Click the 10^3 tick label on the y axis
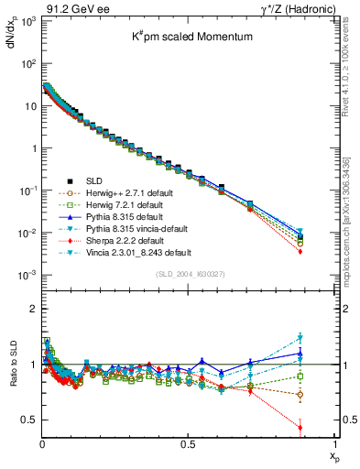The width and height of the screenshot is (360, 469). click(x=26, y=21)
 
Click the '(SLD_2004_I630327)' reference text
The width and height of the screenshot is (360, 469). click(x=189, y=274)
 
